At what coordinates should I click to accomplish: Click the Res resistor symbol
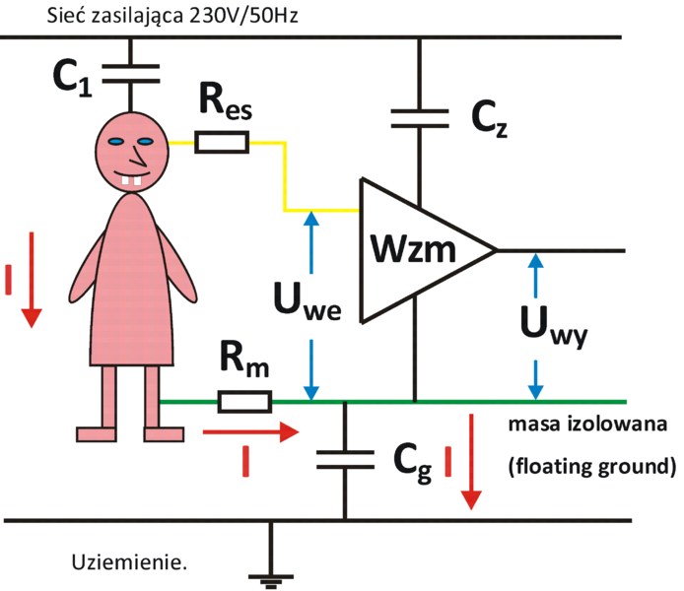(x=222, y=143)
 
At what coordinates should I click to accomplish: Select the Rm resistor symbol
(x=242, y=402)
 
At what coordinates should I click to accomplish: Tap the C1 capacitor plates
(x=129, y=70)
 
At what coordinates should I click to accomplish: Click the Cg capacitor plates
(x=344, y=457)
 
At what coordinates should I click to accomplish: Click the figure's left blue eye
(x=114, y=144)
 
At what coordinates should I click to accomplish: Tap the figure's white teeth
(x=128, y=180)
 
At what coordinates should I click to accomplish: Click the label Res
(x=223, y=102)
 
